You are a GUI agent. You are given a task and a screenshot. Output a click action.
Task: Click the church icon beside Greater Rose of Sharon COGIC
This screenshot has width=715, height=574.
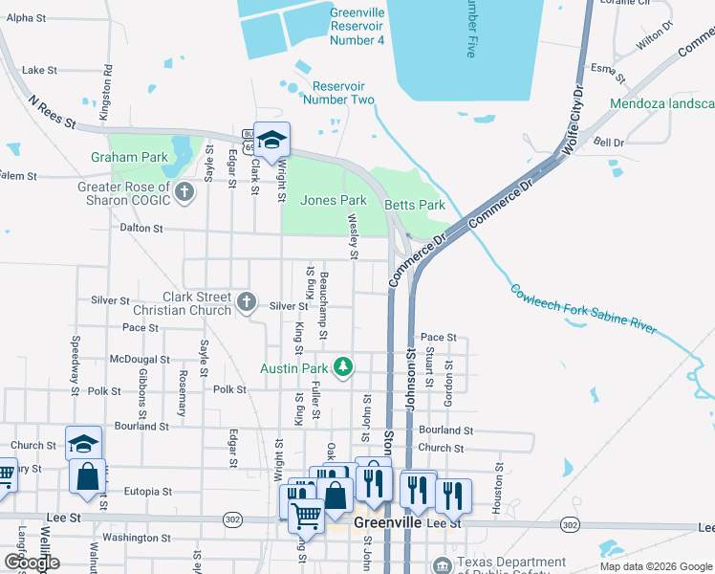(x=184, y=194)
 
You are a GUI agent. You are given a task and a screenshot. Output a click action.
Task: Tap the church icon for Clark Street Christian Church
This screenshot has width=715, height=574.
(x=246, y=303)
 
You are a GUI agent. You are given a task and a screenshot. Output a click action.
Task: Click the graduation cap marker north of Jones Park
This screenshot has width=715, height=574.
(x=271, y=140)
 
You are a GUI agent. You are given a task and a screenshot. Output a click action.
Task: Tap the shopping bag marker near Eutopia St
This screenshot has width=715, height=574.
(x=87, y=476)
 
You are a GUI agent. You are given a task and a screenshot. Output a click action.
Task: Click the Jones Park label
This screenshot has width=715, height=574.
(x=333, y=201)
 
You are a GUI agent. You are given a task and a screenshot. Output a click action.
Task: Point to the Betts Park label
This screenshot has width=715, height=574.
(x=415, y=205)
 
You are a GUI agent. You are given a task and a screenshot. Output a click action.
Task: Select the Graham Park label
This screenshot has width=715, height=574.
(x=129, y=157)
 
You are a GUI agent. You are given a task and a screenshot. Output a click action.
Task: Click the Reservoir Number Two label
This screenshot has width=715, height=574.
(x=339, y=92)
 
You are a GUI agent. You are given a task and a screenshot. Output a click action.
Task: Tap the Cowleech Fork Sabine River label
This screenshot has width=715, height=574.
(x=583, y=308)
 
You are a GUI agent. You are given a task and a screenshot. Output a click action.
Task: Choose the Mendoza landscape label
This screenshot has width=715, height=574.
(x=662, y=103)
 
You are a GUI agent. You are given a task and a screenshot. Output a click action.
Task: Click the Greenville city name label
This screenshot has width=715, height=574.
(x=388, y=523)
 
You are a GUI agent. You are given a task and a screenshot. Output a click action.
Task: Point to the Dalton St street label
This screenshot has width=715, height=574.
(x=142, y=230)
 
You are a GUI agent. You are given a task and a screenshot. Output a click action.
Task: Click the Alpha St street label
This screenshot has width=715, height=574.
(x=26, y=18)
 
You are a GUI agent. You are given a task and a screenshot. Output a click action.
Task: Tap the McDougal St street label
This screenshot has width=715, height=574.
(x=139, y=360)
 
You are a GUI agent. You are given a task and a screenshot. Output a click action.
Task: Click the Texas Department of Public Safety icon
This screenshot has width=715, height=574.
(x=441, y=563)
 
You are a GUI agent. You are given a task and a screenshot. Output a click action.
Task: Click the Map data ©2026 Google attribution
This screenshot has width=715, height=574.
(x=657, y=566)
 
